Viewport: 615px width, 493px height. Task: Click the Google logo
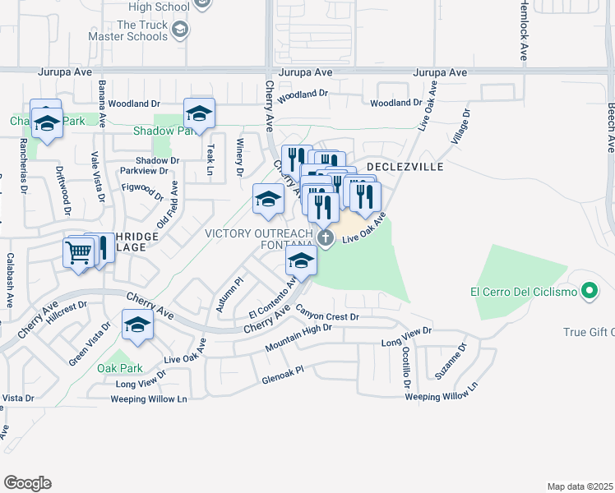click(27, 483)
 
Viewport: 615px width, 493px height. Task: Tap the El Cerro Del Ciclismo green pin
click(588, 291)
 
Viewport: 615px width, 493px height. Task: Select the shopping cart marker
click(79, 252)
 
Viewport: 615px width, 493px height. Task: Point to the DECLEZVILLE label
click(405, 167)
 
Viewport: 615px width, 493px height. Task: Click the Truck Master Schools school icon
click(180, 31)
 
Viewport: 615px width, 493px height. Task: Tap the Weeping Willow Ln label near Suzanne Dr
click(441, 397)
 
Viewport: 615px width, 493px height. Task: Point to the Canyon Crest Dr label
click(328, 316)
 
